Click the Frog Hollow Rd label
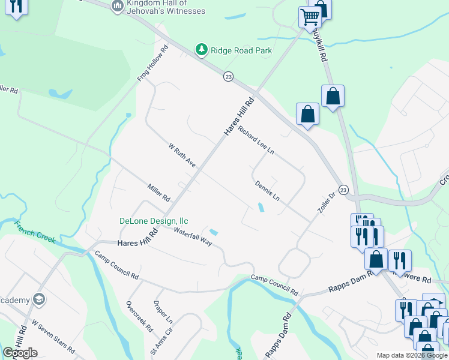point(152,63)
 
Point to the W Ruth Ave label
point(182,155)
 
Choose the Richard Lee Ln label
point(256,141)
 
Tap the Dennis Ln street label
point(267,190)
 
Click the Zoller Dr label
point(325,205)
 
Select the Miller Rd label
point(159,193)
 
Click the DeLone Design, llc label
point(154,220)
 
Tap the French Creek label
point(35,232)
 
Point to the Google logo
point(20,353)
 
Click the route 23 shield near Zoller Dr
point(343,190)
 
